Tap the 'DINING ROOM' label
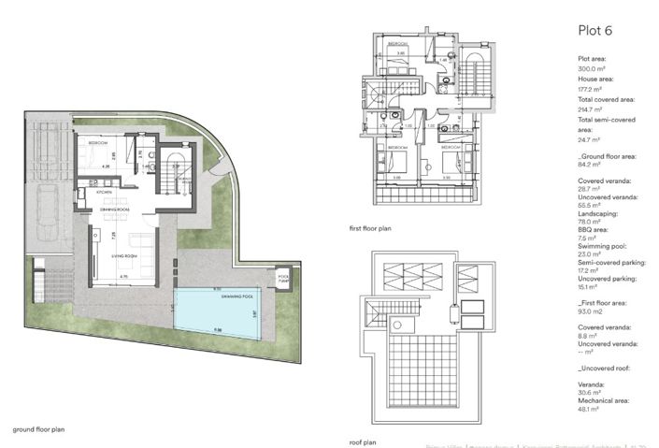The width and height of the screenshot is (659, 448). pos(114,210)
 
